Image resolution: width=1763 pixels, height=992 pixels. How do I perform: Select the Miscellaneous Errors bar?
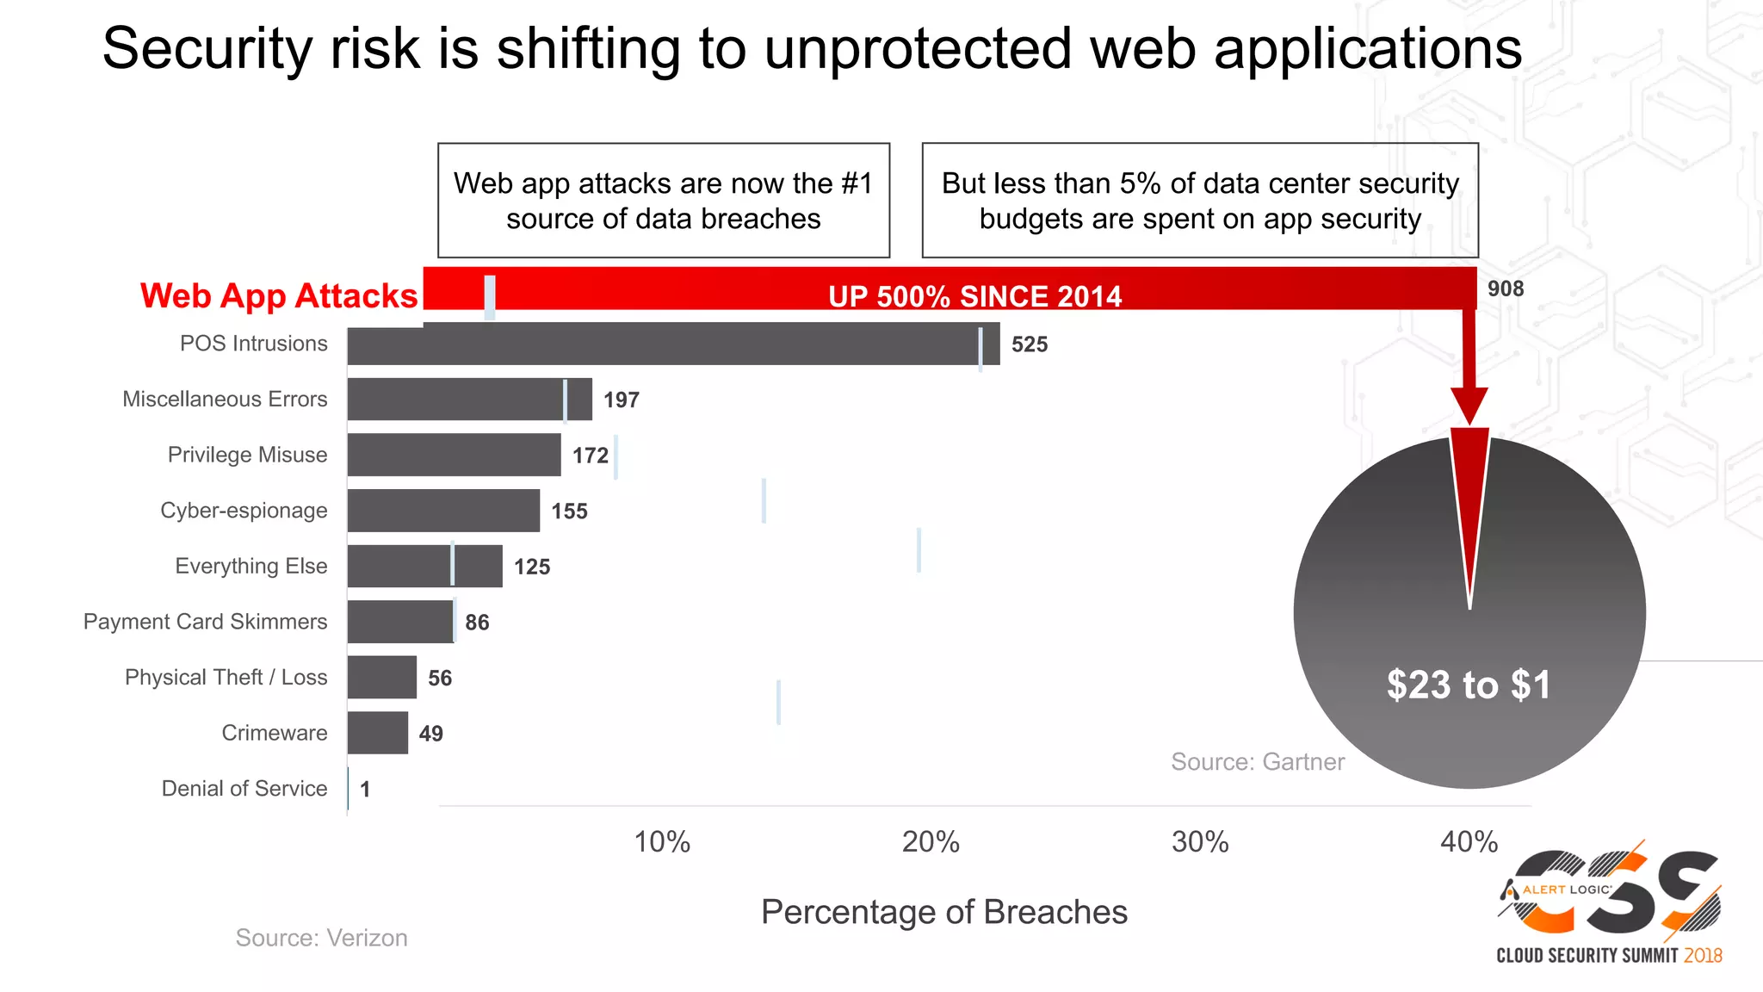coord(469,399)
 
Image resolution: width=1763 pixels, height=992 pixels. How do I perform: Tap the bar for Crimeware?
coord(377,733)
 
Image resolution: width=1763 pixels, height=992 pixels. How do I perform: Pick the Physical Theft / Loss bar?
coord(381,677)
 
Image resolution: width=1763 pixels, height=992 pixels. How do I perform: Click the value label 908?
coord(1505,289)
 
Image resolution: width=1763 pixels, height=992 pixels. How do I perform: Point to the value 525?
coord(1029,344)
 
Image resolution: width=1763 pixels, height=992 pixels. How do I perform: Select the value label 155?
coord(569,512)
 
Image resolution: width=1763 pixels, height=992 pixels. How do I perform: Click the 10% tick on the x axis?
coord(661,841)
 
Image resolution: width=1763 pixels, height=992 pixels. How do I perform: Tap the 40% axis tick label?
coord(1469,841)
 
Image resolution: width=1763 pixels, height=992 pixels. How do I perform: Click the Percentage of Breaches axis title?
coord(943,912)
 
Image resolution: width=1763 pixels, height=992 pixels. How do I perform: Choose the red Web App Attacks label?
coord(279,295)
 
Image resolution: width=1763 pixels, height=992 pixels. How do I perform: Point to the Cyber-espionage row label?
coord(244,511)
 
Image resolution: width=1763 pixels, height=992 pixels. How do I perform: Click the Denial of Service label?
coord(244,789)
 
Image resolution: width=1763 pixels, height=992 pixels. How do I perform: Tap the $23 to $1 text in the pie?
coord(1468,685)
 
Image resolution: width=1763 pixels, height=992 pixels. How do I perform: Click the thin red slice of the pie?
coord(1469,499)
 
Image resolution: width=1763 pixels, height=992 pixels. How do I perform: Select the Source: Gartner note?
coord(1257,762)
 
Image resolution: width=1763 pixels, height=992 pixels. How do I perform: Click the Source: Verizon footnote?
coord(321,938)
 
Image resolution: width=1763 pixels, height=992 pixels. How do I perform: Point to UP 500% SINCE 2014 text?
coord(974,297)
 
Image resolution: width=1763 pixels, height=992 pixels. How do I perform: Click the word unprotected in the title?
coord(919,49)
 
